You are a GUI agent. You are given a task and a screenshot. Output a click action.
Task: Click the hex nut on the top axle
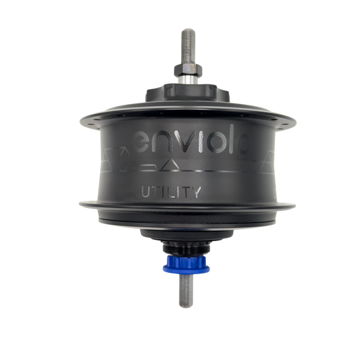coord(188,70)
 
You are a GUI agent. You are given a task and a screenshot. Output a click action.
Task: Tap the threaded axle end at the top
coord(188,46)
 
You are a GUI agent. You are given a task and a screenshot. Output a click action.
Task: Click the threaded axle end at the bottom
coord(186,290)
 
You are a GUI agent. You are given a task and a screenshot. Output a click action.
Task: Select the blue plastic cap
coord(186,265)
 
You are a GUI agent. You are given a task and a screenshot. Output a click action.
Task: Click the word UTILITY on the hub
coord(171,192)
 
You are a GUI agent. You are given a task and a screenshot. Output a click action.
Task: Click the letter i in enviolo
coord(201,143)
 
